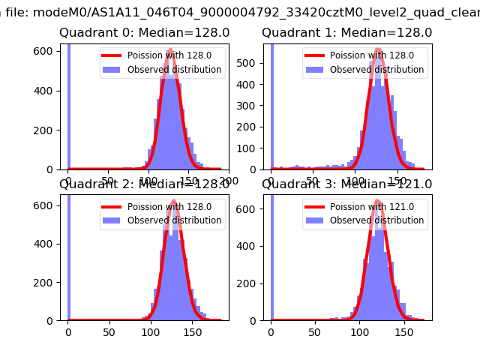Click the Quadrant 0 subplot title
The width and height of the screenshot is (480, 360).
pos(144,33)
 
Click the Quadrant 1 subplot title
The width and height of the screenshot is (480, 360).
pos(346,33)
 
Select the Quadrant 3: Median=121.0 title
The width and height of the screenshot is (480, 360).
pos(346,184)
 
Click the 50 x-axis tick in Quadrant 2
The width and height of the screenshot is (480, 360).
pos(109,332)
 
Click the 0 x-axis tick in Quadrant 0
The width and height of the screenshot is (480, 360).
pos(68,181)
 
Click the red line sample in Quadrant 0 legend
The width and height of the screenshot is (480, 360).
pos(113,55)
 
